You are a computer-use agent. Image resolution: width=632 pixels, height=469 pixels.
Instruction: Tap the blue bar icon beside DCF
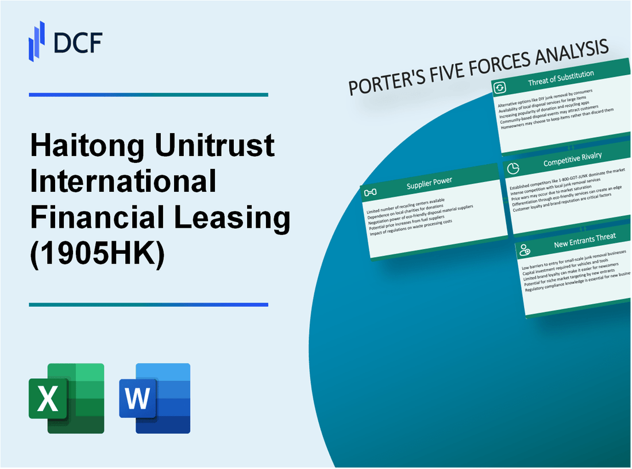pos(37,41)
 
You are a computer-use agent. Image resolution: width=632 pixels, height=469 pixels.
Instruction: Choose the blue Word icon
pos(155,398)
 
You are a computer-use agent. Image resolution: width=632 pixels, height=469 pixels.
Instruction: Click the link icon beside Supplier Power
pos(371,192)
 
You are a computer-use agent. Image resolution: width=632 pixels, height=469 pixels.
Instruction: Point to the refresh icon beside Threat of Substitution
pos(500,87)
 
